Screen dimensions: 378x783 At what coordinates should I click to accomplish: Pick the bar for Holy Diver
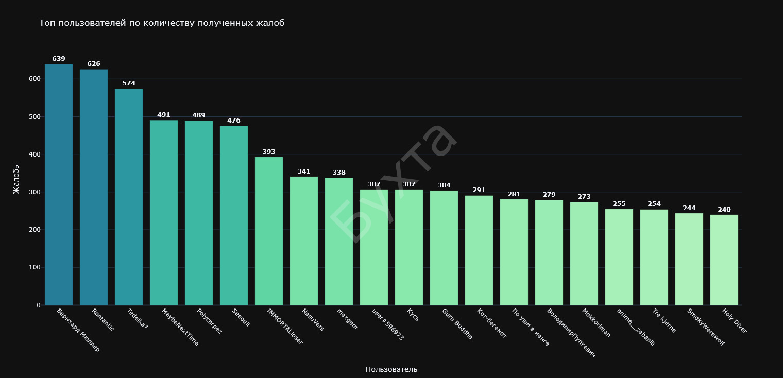pyautogui.click(x=724, y=260)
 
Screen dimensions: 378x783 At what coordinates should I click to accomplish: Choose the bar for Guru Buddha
pyautogui.click(x=444, y=248)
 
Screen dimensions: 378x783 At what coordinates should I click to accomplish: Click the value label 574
pyautogui.click(x=129, y=83)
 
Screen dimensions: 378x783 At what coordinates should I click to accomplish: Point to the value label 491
pyautogui.click(x=164, y=115)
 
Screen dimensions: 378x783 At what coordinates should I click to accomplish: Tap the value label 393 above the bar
pyautogui.click(x=269, y=152)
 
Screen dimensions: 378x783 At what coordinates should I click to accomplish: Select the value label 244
pyautogui.click(x=689, y=208)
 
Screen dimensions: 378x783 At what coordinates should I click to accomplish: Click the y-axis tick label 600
pyautogui.click(x=35, y=79)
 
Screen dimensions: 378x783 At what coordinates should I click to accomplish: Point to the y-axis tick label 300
pyautogui.click(x=35, y=192)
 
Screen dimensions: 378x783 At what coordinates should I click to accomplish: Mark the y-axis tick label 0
pyautogui.click(x=38, y=305)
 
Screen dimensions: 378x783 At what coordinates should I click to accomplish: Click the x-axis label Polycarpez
pyautogui.click(x=209, y=321)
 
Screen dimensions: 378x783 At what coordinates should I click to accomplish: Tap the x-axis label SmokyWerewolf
pyautogui.click(x=706, y=327)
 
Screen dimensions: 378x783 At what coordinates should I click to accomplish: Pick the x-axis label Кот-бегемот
pyautogui.click(x=491, y=323)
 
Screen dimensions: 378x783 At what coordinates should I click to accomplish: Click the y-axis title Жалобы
pyautogui.click(x=16, y=178)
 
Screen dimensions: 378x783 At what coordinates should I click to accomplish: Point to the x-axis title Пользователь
pyautogui.click(x=391, y=369)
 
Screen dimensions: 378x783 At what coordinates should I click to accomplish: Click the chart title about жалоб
pyautogui.click(x=162, y=23)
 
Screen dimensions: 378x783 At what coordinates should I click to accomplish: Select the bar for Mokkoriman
pyautogui.click(x=584, y=253)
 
